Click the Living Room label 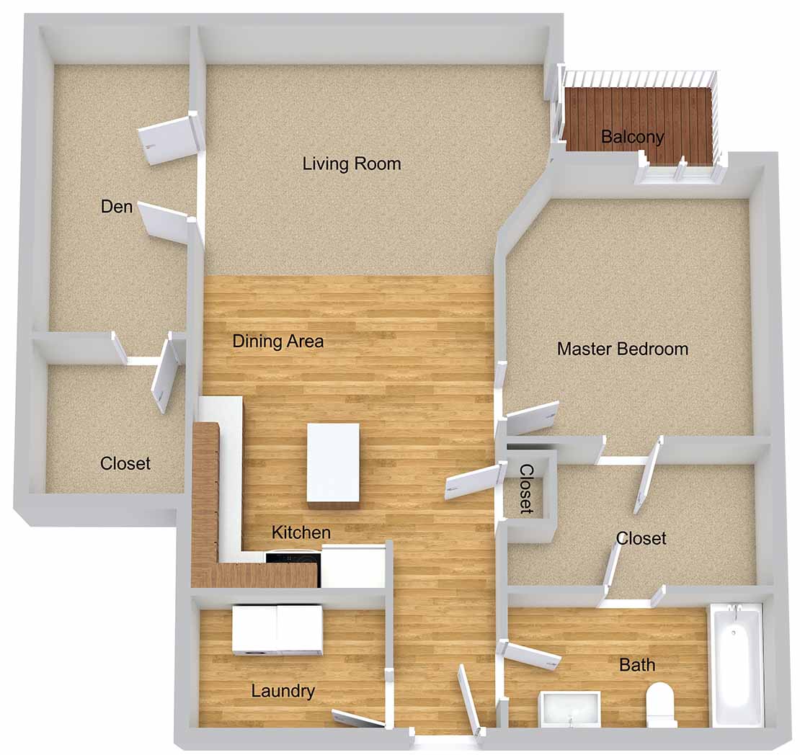pyautogui.click(x=352, y=164)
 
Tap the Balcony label pyautogui.click(x=632, y=137)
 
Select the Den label pyautogui.click(x=117, y=207)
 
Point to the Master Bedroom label pyautogui.click(x=623, y=349)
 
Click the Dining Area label pyautogui.click(x=278, y=341)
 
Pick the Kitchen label pyautogui.click(x=301, y=532)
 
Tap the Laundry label pyautogui.click(x=283, y=691)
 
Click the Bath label pyautogui.click(x=637, y=665)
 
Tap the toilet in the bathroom pyautogui.click(x=661, y=705)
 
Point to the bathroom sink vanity pyautogui.click(x=570, y=709)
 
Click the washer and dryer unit pyautogui.click(x=277, y=630)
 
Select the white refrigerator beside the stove pyautogui.click(x=352, y=566)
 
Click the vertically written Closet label pyautogui.click(x=527, y=488)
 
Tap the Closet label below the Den pyautogui.click(x=125, y=463)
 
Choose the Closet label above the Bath pyautogui.click(x=641, y=538)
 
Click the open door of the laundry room pyautogui.click(x=358, y=718)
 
